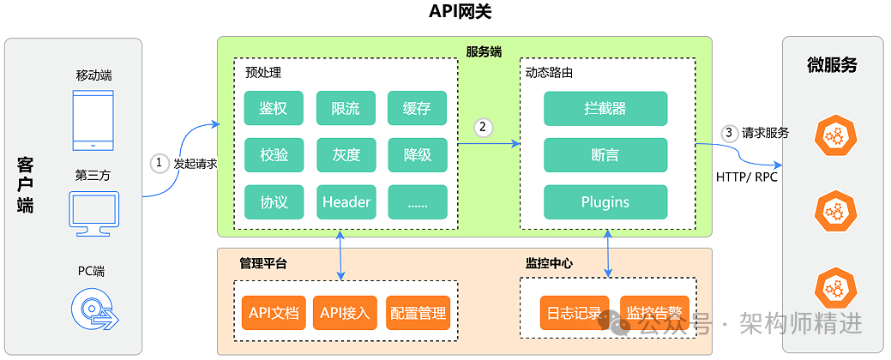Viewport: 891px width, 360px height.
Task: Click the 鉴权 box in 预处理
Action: point(274,108)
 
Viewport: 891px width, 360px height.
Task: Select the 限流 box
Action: point(346,108)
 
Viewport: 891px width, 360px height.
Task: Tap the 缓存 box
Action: point(417,108)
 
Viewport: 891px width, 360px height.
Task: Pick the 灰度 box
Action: point(346,155)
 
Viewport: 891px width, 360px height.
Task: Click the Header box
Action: point(346,202)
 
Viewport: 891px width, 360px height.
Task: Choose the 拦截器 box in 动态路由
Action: point(605,108)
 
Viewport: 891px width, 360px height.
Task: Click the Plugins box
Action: point(605,202)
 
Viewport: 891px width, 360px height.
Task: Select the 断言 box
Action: point(605,155)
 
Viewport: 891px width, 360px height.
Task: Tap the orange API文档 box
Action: point(274,313)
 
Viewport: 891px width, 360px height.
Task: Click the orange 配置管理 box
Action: point(418,313)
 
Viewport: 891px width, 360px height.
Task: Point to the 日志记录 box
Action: point(575,313)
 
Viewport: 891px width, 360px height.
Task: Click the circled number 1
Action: point(159,163)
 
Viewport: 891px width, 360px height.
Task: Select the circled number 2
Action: point(484,127)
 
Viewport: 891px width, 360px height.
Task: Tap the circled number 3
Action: point(729,133)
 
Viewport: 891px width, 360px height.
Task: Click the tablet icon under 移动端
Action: point(93,119)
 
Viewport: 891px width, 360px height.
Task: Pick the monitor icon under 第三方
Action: point(93,213)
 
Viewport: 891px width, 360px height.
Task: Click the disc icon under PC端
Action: point(93,309)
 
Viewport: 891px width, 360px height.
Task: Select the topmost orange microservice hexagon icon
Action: point(832,134)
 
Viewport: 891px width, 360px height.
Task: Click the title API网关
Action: point(461,12)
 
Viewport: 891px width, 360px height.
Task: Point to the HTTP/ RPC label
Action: point(746,177)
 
